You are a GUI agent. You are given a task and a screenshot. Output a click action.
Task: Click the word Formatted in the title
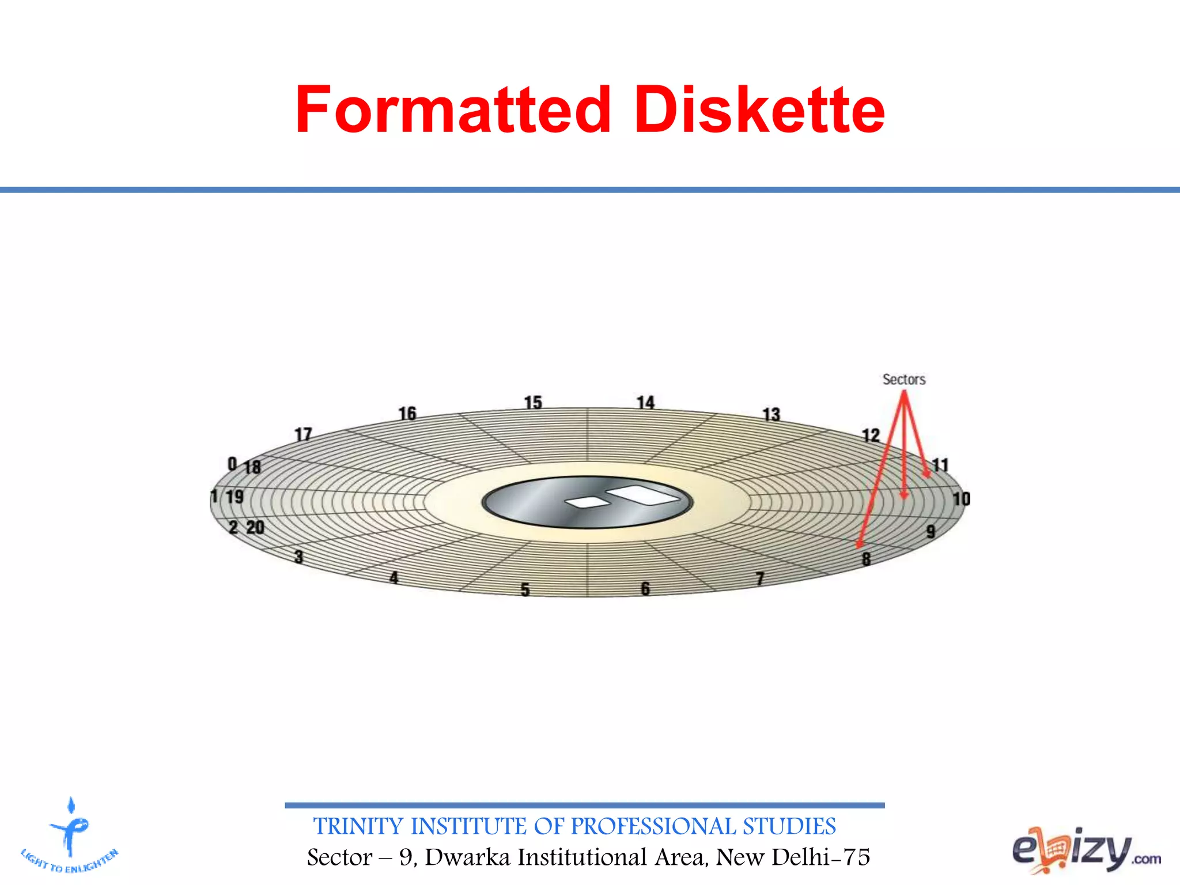pyautogui.click(x=453, y=109)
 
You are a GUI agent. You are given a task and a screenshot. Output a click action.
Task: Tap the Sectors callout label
pyautogui.click(x=903, y=379)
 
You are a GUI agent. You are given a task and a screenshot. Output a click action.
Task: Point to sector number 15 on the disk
pyautogui.click(x=533, y=402)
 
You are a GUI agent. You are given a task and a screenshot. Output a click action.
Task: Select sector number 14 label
pyautogui.click(x=645, y=402)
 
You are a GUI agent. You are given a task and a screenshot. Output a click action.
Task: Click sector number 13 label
pyautogui.click(x=771, y=414)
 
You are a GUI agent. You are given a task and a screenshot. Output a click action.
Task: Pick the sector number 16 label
pyautogui.click(x=407, y=413)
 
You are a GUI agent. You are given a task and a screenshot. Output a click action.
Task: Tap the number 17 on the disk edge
pyautogui.click(x=303, y=434)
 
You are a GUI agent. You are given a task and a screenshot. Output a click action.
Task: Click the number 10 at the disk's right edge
pyautogui.click(x=961, y=499)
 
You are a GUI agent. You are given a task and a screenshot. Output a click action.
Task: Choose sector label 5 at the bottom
pyautogui.click(x=525, y=589)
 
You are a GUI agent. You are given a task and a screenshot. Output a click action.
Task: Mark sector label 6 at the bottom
pyautogui.click(x=645, y=588)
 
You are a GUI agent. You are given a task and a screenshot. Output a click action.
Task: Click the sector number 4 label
pyautogui.click(x=394, y=577)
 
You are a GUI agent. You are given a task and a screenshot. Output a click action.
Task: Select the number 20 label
pyautogui.click(x=255, y=527)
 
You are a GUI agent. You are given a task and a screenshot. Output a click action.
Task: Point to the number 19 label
pyautogui.click(x=235, y=497)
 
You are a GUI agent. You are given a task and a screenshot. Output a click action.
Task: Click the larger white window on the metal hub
pyautogui.click(x=644, y=494)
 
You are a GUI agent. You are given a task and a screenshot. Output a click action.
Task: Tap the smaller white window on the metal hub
pyautogui.click(x=588, y=502)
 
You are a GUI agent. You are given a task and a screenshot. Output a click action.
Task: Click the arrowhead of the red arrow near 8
pyautogui.click(x=860, y=543)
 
